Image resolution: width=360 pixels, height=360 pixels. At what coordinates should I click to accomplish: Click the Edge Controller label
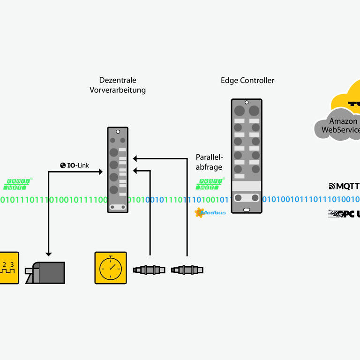(x=247, y=80)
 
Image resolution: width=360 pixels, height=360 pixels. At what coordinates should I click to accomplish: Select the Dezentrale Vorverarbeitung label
(x=118, y=85)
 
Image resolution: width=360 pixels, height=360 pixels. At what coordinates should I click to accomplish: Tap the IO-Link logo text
(x=75, y=165)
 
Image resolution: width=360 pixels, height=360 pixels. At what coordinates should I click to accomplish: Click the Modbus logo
(x=210, y=212)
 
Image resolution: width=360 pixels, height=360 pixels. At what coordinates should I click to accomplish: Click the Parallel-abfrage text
(x=209, y=162)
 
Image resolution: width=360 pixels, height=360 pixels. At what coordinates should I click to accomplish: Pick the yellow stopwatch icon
(x=111, y=268)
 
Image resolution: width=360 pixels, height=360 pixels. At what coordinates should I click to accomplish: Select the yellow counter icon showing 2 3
(x=8, y=268)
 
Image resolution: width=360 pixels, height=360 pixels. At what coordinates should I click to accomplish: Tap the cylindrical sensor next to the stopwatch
(x=150, y=270)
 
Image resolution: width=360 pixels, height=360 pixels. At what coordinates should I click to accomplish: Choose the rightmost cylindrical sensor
(x=187, y=270)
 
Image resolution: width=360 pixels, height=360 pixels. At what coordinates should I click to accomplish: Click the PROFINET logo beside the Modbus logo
(x=210, y=184)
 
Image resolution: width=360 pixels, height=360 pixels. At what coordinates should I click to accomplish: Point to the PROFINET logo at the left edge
(x=19, y=184)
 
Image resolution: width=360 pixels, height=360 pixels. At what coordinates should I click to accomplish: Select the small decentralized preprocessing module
(x=118, y=170)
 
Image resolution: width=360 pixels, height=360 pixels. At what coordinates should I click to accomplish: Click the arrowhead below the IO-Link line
(x=48, y=253)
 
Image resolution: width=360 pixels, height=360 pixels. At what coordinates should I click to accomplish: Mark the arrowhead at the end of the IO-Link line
(x=100, y=172)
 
